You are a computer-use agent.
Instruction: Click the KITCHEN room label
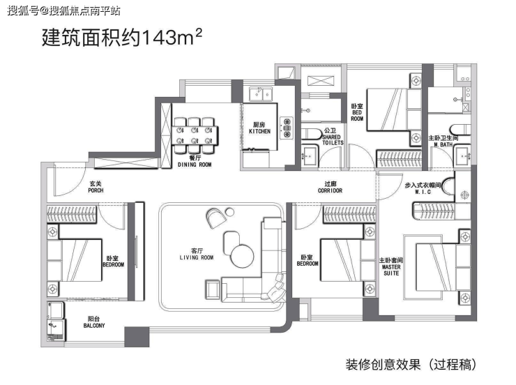(259, 131)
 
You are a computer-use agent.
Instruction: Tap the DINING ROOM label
(195, 165)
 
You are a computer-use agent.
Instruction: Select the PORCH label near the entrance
(96, 190)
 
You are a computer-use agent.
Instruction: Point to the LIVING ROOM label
(197, 257)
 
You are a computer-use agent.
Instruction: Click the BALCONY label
(94, 326)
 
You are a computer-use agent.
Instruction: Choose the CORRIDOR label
(330, 190)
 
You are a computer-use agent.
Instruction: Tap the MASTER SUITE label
(391, 270)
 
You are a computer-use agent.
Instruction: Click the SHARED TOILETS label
(333, 139)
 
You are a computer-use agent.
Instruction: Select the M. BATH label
(443, 144)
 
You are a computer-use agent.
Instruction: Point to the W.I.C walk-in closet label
(423, 192)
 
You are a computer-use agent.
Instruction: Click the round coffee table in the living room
(242, 256)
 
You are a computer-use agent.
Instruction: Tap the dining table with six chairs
(195, 135)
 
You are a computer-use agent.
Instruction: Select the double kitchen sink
(261, 94)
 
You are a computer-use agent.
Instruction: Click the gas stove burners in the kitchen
(287, 128)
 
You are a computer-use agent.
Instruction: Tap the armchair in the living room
(216, 218)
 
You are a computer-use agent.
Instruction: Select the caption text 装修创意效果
(383, 365)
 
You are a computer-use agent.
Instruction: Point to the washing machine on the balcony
(56, 329)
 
